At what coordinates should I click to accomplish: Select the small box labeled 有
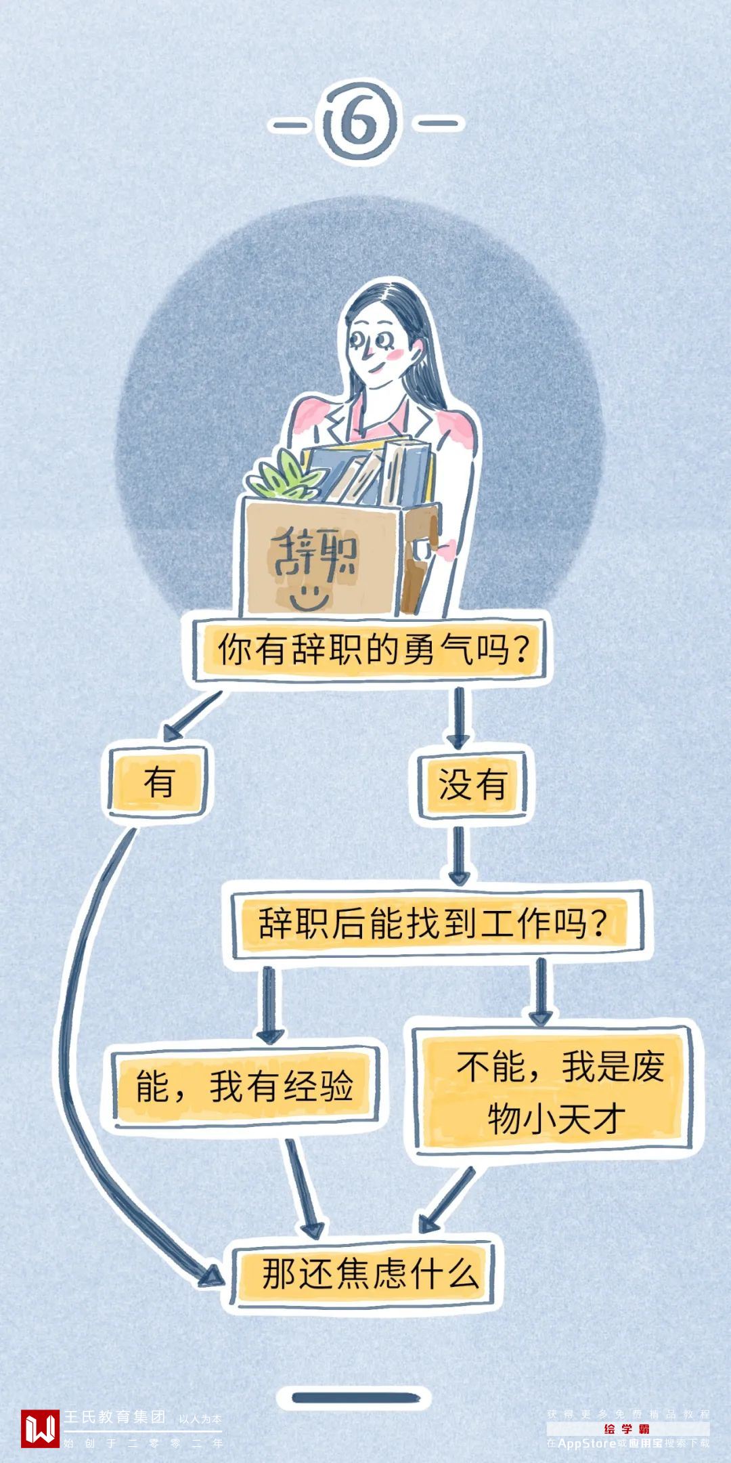click(x=158, y=782)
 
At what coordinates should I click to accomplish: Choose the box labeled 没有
click(x=472, y=784)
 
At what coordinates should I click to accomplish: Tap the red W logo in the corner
click(x=40, y=1428)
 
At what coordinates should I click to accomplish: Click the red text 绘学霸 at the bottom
click(x=627, y=1429)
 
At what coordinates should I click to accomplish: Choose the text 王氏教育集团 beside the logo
click(x=115, y=1416)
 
